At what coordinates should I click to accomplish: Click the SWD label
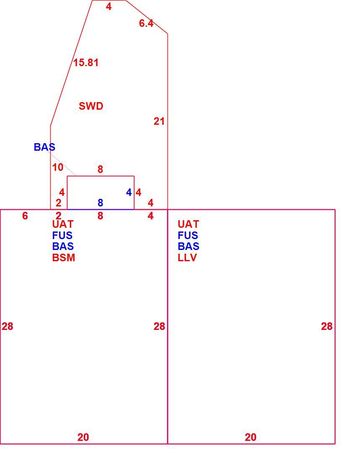click(91, 106)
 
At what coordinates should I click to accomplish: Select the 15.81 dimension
click(86, 62)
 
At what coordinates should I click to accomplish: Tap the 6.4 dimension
click(146, 23)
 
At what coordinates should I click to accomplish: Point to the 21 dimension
click(159, 121)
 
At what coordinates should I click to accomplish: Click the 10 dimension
click(58, 167)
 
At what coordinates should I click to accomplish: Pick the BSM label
click(64, 257)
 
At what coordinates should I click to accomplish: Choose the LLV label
click(187, 257)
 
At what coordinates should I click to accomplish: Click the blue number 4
click(129, 193)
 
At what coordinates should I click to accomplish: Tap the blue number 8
click(100, 203)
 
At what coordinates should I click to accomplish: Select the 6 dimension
click(25, 216)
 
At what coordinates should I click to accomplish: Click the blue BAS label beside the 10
click(44, 147)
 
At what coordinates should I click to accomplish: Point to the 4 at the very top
click(108, 7)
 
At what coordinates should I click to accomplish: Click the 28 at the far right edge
click(327, 326)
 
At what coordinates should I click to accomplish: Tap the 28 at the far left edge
click(7, 326)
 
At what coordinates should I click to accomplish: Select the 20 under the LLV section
click(250, 437)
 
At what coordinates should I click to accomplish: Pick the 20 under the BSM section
click(83, 437)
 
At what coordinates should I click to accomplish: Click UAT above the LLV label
click(188, 224)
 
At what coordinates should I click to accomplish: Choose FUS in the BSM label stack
click(62, 235)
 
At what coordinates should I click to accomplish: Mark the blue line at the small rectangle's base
click(101, 209)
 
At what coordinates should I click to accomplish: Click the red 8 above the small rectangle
click(100, 170)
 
